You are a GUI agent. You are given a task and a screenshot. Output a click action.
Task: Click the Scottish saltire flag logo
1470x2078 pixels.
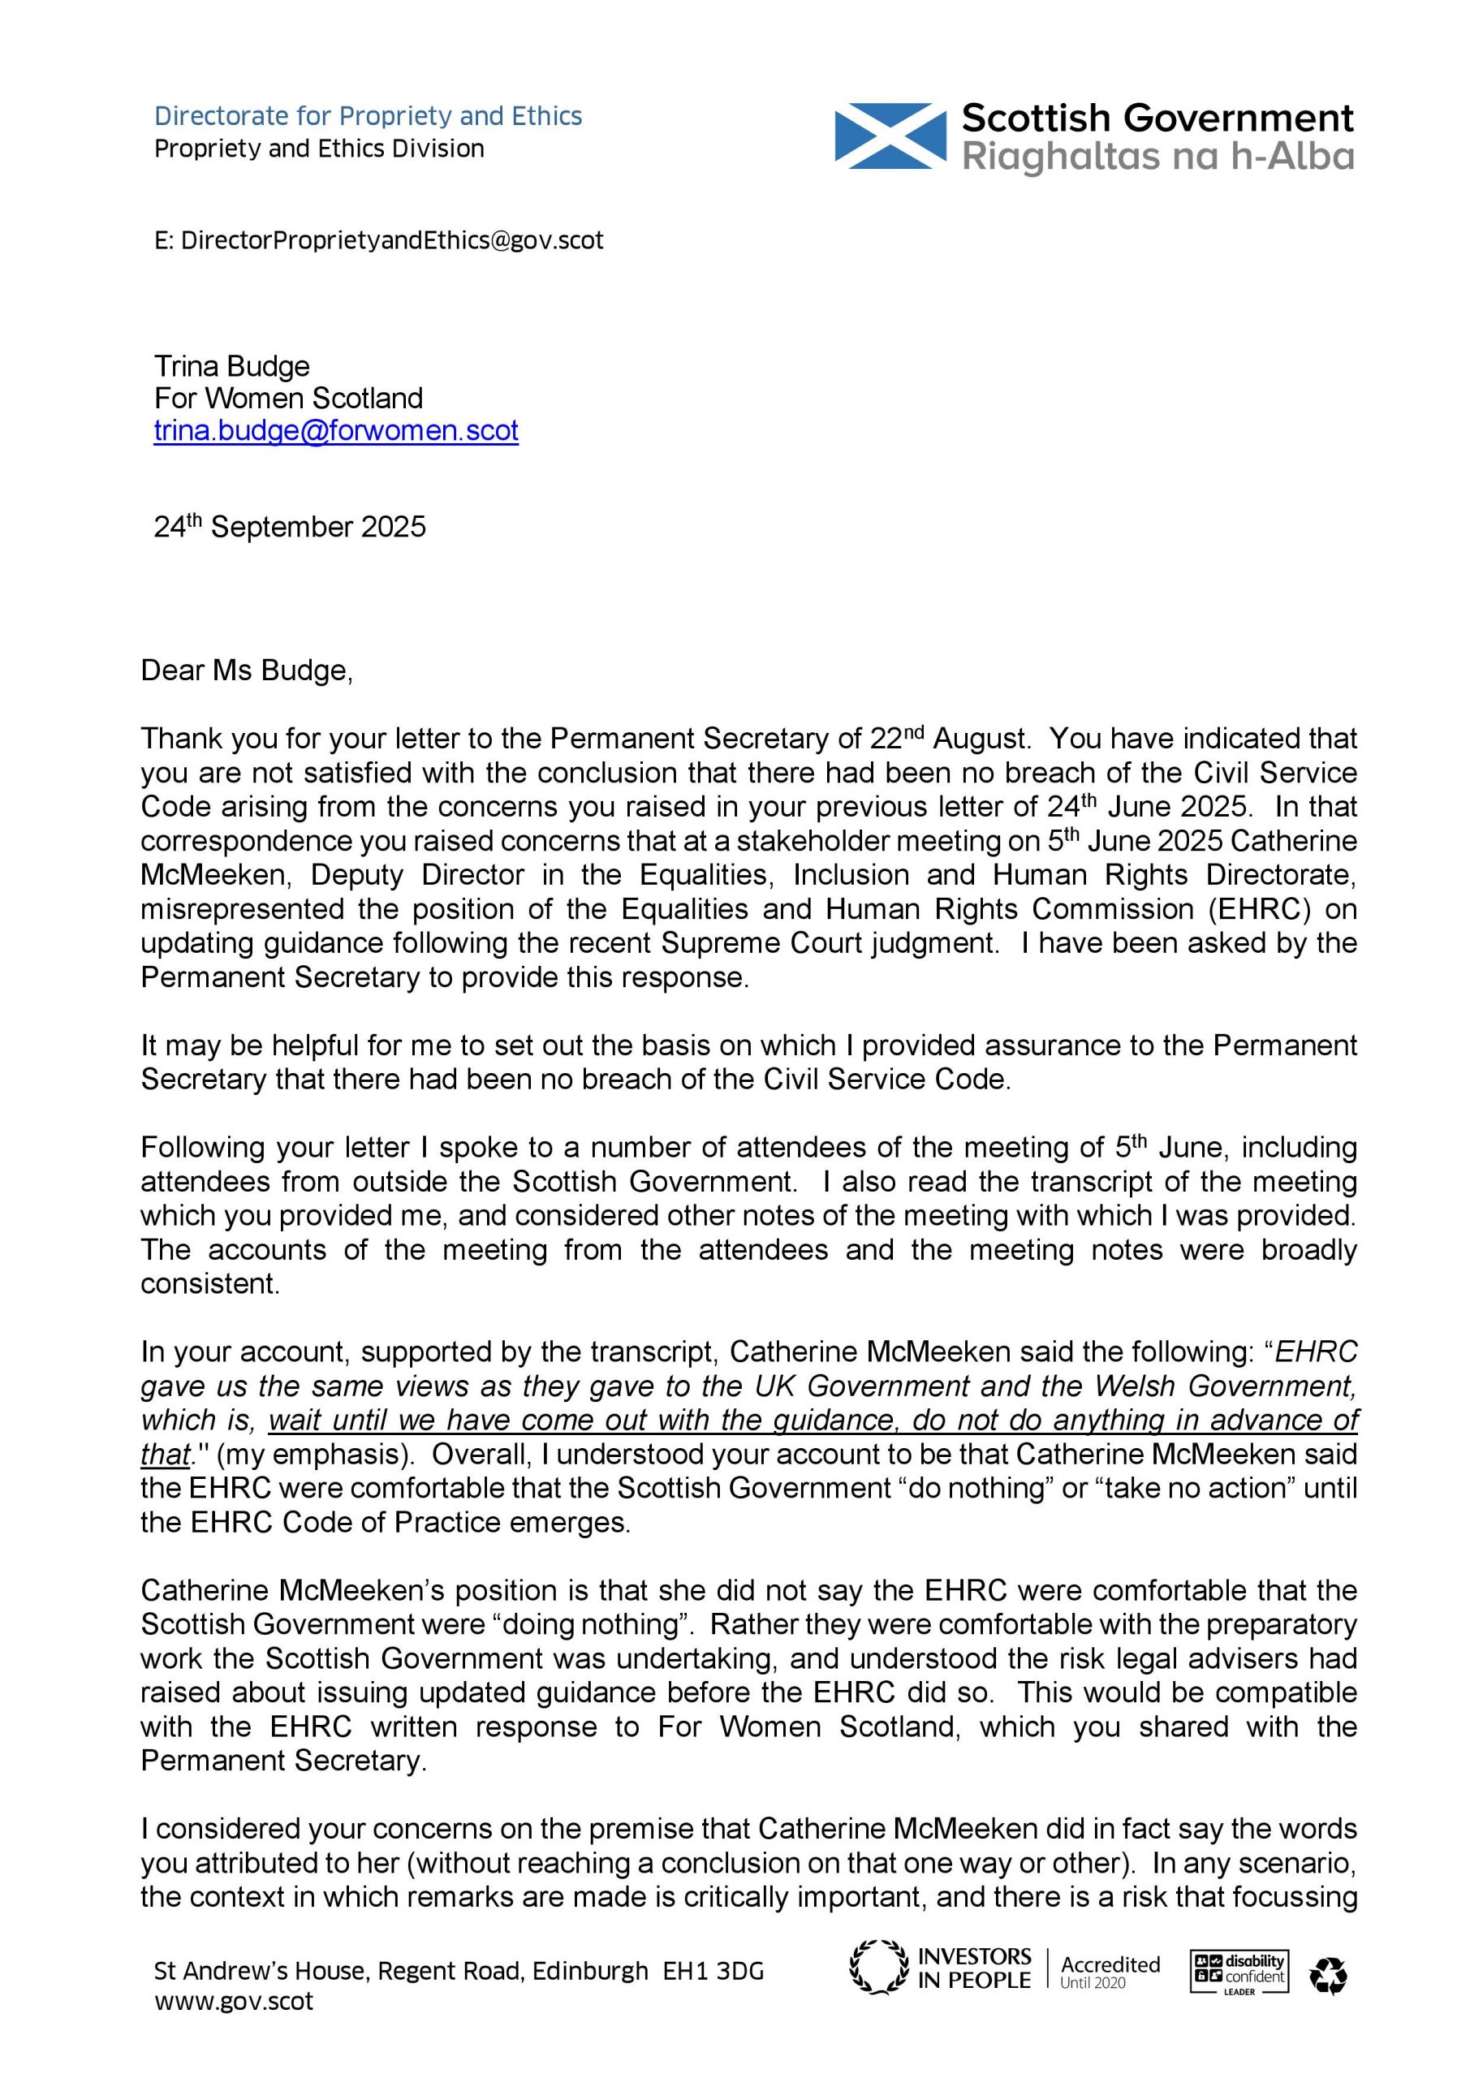point(889,136)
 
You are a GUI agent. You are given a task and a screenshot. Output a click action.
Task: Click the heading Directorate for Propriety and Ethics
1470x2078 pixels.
point(368,116)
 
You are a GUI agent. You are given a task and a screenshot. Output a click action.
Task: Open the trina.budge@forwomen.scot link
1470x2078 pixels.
point(336,430)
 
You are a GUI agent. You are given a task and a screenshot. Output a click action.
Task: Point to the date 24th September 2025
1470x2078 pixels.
point(290,527)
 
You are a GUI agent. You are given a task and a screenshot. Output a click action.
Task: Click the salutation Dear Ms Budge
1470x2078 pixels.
point(246,670)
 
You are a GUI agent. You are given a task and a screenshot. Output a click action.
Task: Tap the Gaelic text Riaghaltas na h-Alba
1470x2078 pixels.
point(1157,157)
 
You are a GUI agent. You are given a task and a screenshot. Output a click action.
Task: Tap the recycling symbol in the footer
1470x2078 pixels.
point(1328,1976)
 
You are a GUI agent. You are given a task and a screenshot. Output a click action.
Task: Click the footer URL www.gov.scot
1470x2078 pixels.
point(234,2001)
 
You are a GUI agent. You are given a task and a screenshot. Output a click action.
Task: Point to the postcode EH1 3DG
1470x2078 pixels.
point(713,1970)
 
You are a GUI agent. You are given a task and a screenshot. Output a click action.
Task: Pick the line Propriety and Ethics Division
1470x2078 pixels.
point(319,149)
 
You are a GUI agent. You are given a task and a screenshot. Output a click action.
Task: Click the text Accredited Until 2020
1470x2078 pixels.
point(1110,1971)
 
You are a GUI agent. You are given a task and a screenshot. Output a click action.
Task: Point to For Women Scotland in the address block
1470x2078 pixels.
point(288,399)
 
